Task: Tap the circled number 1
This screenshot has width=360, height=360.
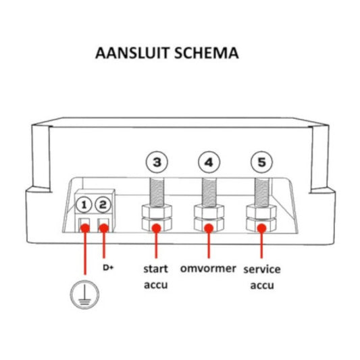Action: (x=84, y=204)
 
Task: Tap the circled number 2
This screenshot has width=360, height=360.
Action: (x=103, y=204)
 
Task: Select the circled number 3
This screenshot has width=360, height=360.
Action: (x=157, y=163)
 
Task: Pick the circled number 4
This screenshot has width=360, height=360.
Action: (x=209, y=163)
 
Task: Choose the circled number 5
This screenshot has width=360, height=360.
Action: (x=261, y=163)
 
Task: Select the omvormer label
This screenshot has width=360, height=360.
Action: (x=208, y=268)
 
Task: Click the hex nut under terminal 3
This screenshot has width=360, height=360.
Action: (x=157, y=218)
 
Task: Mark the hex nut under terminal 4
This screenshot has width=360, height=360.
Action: (x=209, y=218)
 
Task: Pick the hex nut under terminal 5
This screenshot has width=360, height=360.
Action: (x=261, y=218)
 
